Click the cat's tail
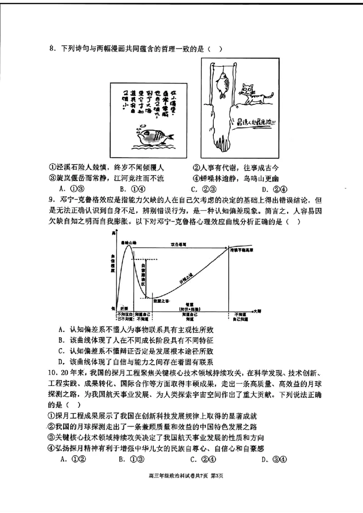click(x=269, y=95)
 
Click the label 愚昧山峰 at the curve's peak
click(x=129, y=242)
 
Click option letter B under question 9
click(x=61, y=340)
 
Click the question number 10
click(x=51, y=372)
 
